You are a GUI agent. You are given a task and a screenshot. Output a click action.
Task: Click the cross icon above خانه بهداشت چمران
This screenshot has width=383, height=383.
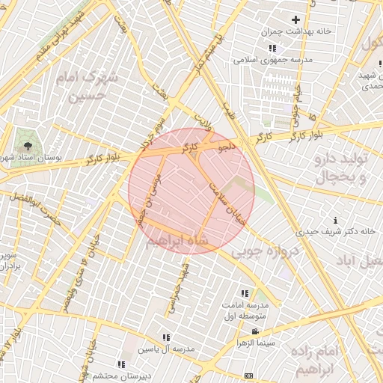click(x=295, y=19)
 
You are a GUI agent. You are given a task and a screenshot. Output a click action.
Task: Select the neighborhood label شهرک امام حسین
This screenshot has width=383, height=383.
click(x=90, y=87)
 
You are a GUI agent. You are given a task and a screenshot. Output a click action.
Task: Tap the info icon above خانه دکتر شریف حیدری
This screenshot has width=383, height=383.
click(x=335, y=220)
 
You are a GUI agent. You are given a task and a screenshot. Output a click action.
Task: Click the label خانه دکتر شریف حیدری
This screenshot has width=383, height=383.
click(x=335, y=232)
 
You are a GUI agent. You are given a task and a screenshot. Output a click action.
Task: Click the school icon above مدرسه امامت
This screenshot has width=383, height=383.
click(x=245, y=293)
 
